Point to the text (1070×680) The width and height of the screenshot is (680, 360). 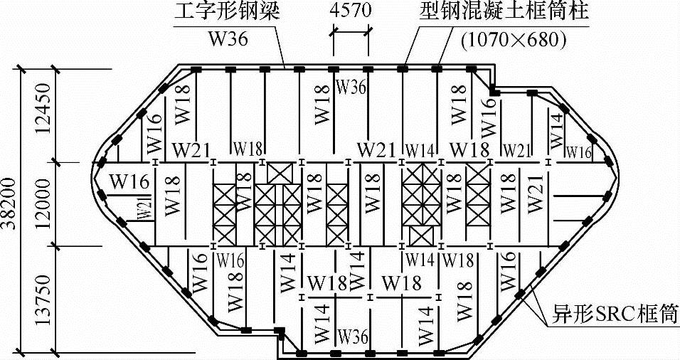click(x=514, y=40)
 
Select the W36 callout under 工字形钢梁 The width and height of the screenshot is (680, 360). click(x=227, y=39)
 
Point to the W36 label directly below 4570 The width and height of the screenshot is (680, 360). click(x=351, y=88)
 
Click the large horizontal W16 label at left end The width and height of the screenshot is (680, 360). click(x=129, y=181)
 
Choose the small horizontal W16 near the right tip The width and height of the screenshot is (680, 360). click(x=578, y=152)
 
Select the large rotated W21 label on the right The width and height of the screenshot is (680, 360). click(x=536, y=192)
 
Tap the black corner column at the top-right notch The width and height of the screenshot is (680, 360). click(x=492, y=90)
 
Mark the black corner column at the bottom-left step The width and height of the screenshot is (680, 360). click(x=280, y=332)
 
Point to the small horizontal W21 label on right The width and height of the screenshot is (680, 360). click(x=517, y=150)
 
